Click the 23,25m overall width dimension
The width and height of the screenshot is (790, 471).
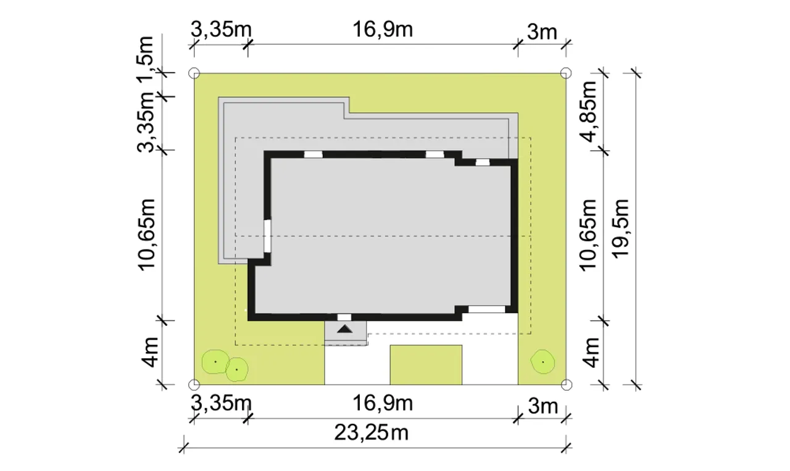point(372,433)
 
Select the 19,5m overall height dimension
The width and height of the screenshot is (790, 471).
point(621,228)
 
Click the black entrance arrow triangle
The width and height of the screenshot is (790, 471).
point(344,329)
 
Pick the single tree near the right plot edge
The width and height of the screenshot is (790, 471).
point(543,362)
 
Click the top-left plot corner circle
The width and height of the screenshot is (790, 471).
point(194,73)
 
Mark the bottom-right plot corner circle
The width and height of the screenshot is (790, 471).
point(566,385)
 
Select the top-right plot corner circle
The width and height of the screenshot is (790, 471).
point(566,73)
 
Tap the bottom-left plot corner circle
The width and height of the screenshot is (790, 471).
point(194,385)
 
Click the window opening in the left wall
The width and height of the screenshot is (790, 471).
point(268,236)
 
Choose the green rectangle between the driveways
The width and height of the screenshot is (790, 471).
point(426,365)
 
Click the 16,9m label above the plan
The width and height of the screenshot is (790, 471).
point(382,29)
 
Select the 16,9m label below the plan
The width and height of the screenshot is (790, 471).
point(382,403)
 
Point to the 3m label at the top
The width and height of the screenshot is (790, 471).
point(542,32)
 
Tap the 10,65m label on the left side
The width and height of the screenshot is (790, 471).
point(146,235)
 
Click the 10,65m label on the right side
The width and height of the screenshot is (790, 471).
point(588,236)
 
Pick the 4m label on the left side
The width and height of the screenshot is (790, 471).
point(147,352)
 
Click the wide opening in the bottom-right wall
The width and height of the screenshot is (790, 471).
point(487,309)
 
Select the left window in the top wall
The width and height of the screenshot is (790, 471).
point(313,154)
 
